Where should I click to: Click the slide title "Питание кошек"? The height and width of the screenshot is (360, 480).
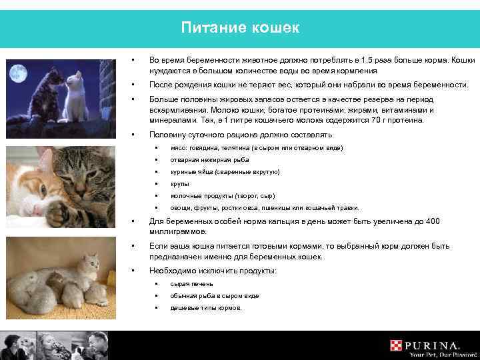(x=240, y=28)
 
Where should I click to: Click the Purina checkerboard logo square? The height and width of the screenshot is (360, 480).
(x=398, y=346)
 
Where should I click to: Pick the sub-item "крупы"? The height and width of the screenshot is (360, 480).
(x=180, y=184)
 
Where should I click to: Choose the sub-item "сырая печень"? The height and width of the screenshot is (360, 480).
(x=187, y=284)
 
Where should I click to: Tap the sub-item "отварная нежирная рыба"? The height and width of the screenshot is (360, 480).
(x=199, y=159)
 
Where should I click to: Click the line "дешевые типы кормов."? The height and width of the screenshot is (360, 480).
(x=207, y=308)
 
